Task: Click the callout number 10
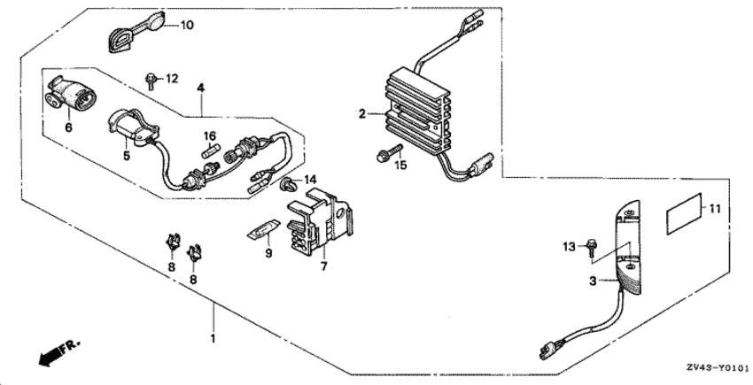click(x=187, y=24)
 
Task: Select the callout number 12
click(x=171, y=79)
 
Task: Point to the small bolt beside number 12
click(x=153, y=81)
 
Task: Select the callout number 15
click(x=400, y=165)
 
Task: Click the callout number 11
click(x=715, y=209)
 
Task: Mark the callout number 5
click(x=127, y=156)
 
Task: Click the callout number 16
click(x=210, y=135)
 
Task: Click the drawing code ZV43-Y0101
click(x=716, y=366)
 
